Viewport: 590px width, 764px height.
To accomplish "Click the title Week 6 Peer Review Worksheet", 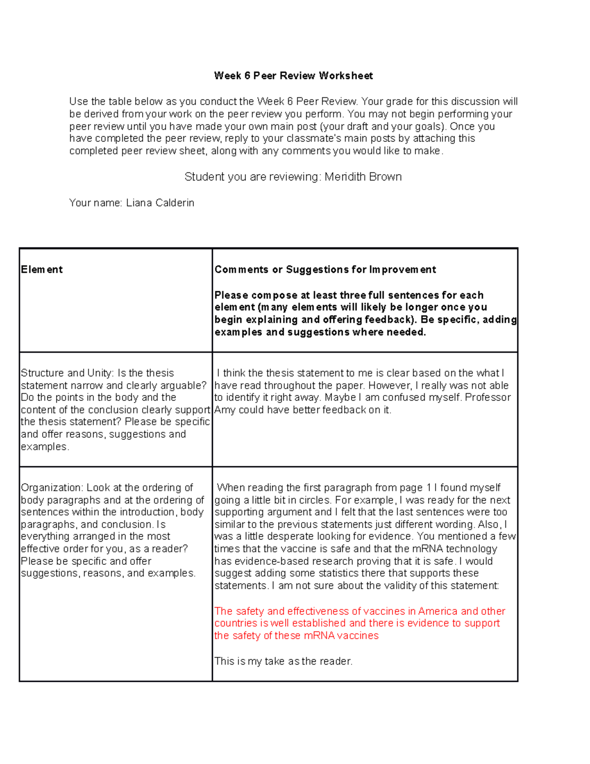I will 293,76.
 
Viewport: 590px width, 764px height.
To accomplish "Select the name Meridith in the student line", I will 343,177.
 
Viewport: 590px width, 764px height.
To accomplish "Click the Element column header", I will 42,270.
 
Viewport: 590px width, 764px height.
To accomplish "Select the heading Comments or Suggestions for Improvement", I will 325,270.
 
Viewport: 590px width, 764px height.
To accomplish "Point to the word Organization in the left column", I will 52,488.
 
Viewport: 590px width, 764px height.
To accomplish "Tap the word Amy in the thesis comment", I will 225,410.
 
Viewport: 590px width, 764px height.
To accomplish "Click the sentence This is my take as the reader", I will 283,661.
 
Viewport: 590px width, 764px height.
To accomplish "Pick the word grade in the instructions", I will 399,102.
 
